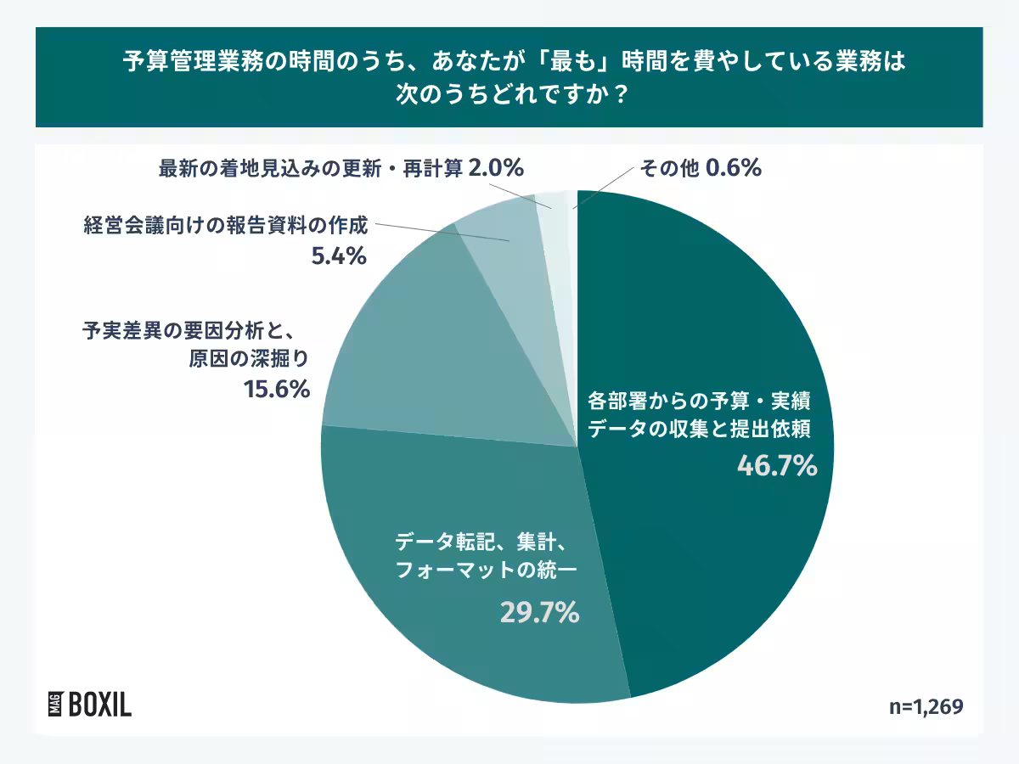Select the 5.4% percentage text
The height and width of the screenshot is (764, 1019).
(339, 256)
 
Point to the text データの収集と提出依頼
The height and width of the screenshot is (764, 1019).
(701, 429)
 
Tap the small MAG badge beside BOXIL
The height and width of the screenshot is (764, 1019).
(53, 705)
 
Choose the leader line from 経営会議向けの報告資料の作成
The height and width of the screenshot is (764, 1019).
(442, 233)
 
